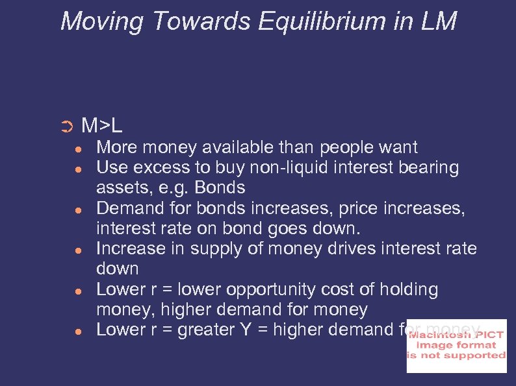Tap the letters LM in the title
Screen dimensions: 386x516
439,21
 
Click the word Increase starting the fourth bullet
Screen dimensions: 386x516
133,248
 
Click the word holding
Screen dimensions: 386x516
411,289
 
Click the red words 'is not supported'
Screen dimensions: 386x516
456,356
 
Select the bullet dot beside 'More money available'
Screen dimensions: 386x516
76,148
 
